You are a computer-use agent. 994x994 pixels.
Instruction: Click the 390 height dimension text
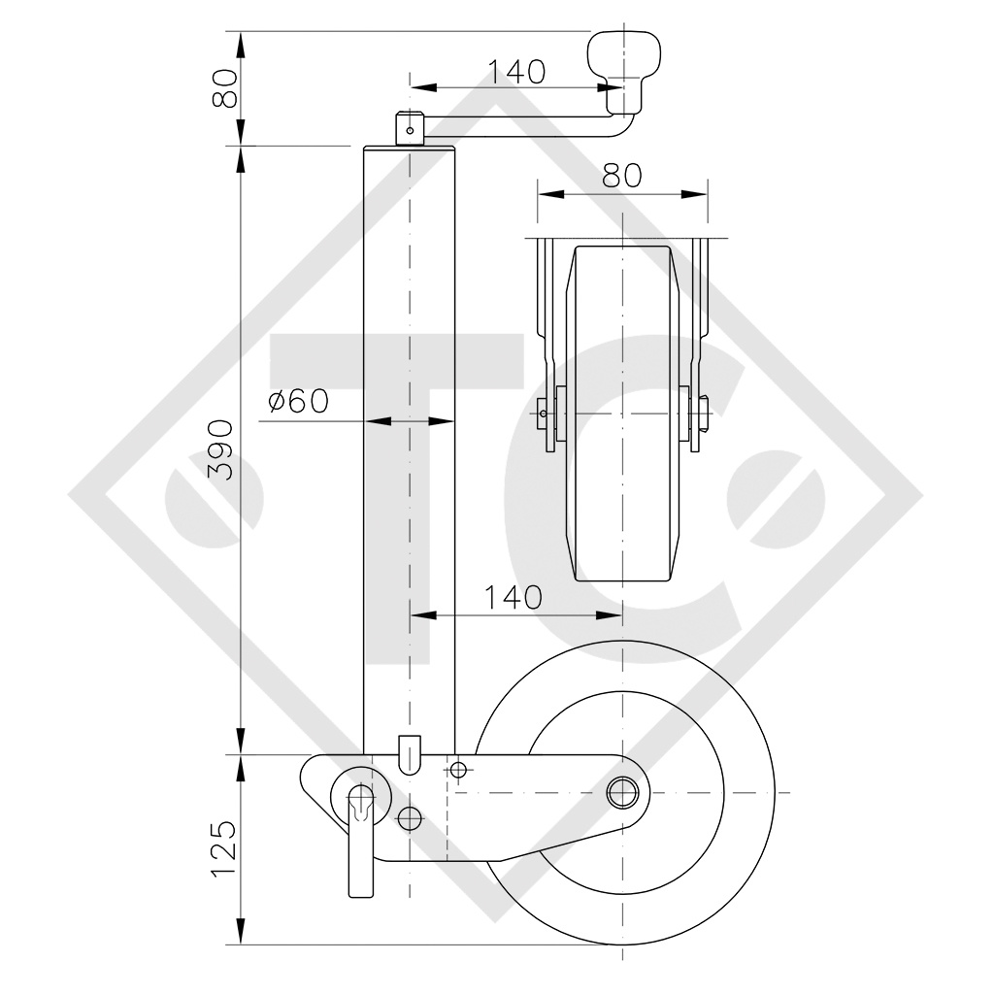221,449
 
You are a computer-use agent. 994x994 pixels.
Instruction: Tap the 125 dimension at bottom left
221,848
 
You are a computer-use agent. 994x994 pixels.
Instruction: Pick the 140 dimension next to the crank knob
515,71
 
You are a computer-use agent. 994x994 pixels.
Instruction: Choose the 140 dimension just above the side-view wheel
514,597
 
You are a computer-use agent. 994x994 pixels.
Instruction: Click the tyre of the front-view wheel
621,505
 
